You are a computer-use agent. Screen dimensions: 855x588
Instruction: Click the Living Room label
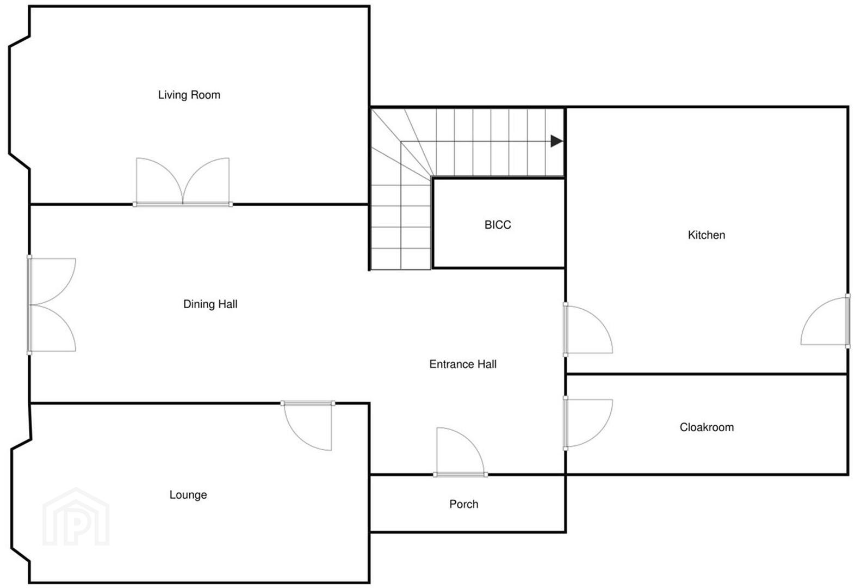189,95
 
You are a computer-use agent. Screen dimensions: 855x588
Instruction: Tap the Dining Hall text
210,304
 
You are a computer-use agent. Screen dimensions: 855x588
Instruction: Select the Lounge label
188,495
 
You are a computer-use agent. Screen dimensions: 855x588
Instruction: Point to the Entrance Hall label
463,364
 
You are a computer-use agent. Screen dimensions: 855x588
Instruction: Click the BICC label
498,225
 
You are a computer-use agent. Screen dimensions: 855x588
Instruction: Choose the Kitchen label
707,235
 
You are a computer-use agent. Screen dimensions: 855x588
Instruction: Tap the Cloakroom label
707,427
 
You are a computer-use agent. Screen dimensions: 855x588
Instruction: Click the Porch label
464,504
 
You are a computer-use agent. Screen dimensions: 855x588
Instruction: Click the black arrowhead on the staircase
556,141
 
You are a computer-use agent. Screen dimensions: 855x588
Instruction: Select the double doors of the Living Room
183,182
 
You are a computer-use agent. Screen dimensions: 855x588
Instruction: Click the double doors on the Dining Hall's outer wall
51,305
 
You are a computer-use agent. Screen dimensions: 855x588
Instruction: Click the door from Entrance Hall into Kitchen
588,329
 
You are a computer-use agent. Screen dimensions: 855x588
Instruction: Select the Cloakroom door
588,424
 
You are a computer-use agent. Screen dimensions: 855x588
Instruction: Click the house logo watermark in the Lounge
76,517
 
